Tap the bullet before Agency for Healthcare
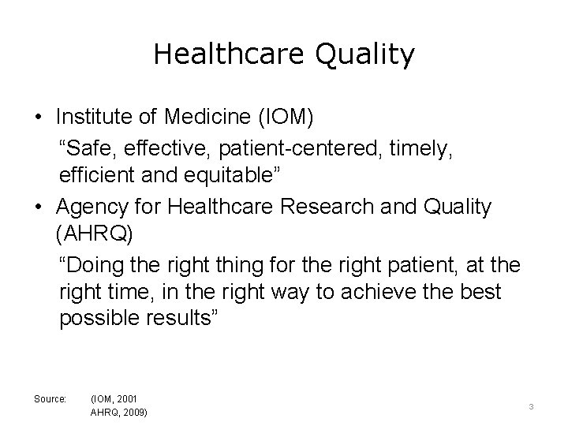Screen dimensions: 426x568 [38, 207]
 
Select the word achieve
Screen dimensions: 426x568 [366, 293]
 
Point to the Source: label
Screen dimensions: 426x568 [50, 398]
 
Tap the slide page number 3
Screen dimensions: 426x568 [532, 405]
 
